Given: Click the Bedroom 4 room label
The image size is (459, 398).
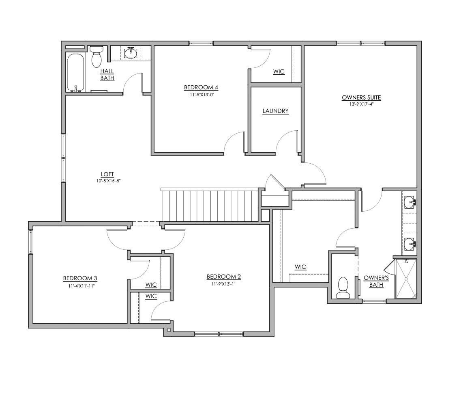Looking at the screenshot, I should [x=201, y=87].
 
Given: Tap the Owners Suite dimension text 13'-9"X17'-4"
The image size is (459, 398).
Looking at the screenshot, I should [x=361, y=104].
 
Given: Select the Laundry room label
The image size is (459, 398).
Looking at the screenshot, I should [x=275, y=111].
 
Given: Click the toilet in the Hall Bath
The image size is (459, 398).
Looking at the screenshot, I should [x=97, y=57].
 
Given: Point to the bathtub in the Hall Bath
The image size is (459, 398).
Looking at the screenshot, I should [x=75, y=72].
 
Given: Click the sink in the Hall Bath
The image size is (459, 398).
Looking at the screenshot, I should [x=130, y=53].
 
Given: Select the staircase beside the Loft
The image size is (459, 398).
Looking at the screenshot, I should [x=210, y=205].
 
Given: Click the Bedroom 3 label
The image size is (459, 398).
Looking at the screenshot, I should [x=80, y=278].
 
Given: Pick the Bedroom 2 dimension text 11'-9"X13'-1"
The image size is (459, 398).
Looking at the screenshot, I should [x=223, y=284].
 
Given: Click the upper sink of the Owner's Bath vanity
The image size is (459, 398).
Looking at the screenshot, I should [x=410, y=201].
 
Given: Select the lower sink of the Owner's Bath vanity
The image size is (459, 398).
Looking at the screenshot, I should [x=410, y=244].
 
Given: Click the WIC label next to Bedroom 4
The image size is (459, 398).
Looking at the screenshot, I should [x=279, y=71].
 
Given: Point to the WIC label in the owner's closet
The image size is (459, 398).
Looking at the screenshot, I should [x=300, y=267].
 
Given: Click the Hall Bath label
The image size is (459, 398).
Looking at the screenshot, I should [x=107, y=75].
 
